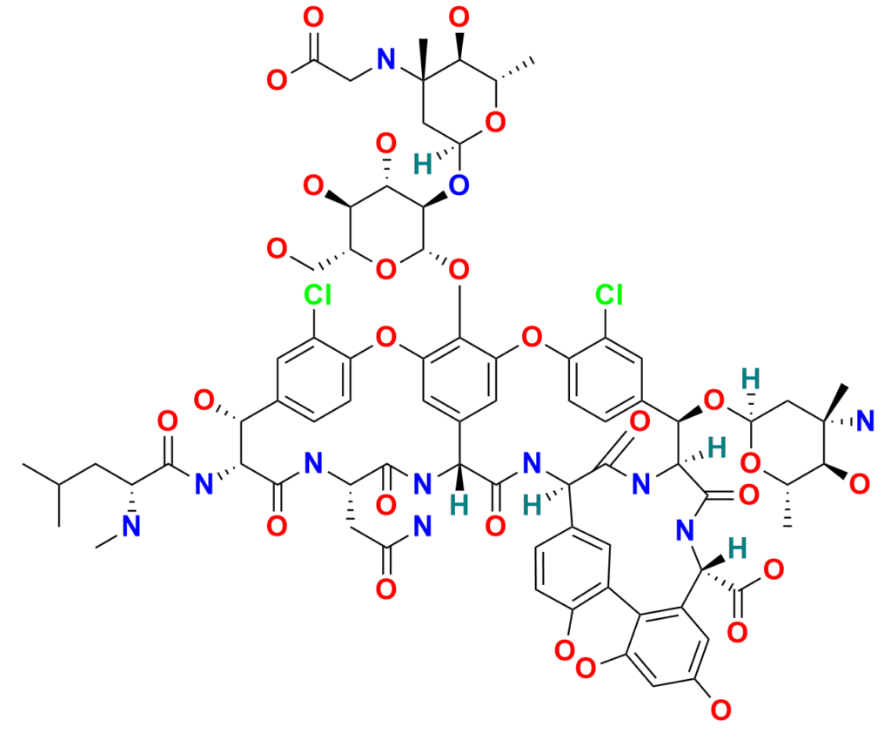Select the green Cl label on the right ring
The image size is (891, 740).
[609, 296]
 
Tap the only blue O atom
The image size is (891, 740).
[460, 184]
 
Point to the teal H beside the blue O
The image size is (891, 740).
[422, 163]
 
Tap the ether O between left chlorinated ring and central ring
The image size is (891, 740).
[383, 333]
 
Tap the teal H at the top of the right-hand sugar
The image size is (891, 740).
[748, 379]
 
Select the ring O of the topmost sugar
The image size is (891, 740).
[494, 124]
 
